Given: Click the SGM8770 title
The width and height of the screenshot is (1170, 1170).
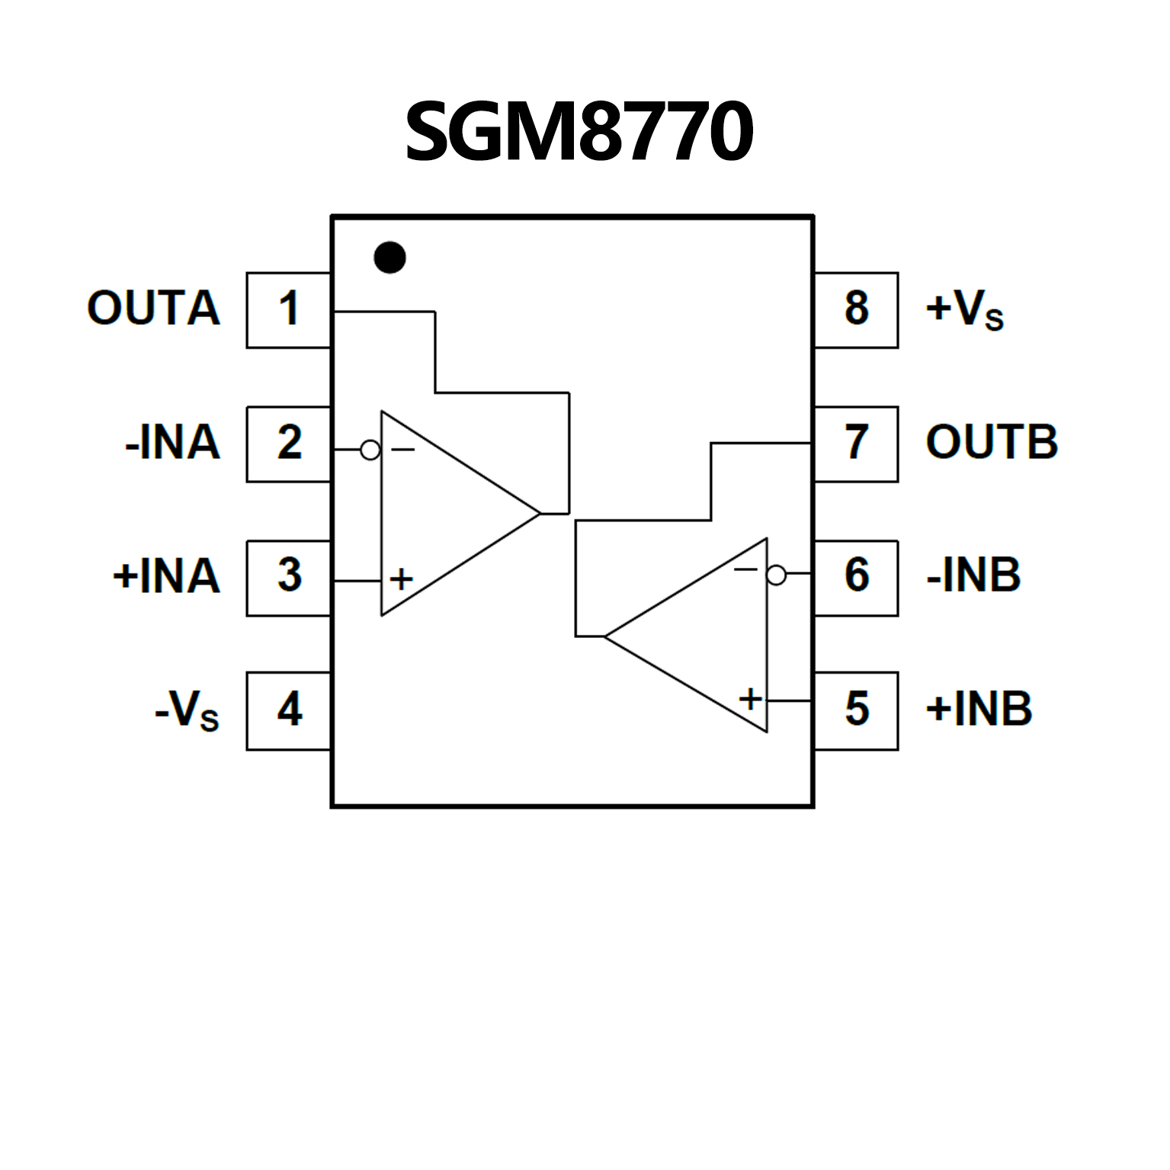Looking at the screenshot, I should coord(579,131).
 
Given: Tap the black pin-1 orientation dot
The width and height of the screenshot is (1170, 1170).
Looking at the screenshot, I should coord(389,258).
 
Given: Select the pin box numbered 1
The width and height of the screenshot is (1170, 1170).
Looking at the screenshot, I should coord(288,309).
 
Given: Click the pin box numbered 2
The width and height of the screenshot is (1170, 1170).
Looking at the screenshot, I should coord(288,444).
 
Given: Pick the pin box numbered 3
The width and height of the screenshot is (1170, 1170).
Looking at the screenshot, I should coord(288,577).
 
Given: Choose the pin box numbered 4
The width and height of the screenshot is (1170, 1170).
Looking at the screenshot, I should coord(288,710).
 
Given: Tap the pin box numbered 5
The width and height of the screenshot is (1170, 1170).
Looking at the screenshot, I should coord(857,710).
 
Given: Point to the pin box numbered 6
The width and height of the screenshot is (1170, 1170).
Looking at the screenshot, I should coord(857,577).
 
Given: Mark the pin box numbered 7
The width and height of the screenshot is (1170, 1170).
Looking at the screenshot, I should coord(857,444).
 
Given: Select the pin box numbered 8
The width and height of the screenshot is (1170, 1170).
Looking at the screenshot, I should coord(857,309).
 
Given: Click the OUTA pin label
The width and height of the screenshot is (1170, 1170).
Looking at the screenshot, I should coord(153,309).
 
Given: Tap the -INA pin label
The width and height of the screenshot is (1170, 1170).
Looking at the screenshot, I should coord(172,443).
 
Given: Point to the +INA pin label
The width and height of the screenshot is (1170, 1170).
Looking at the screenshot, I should coord(166,576).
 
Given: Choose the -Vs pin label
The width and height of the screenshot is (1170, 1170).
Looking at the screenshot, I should coord(187,710).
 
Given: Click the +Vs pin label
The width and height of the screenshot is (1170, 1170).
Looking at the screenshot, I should coord(964,309).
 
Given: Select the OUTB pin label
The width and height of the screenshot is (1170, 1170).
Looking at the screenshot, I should coord(992,443).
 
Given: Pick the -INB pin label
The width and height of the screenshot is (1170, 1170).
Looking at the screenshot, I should coord(973,575).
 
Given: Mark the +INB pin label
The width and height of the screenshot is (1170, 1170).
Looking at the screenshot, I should coord(979,710).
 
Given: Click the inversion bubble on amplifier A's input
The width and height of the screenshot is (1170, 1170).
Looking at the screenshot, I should coord(370,450).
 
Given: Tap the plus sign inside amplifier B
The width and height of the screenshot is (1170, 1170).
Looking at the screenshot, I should coord(751,698).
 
